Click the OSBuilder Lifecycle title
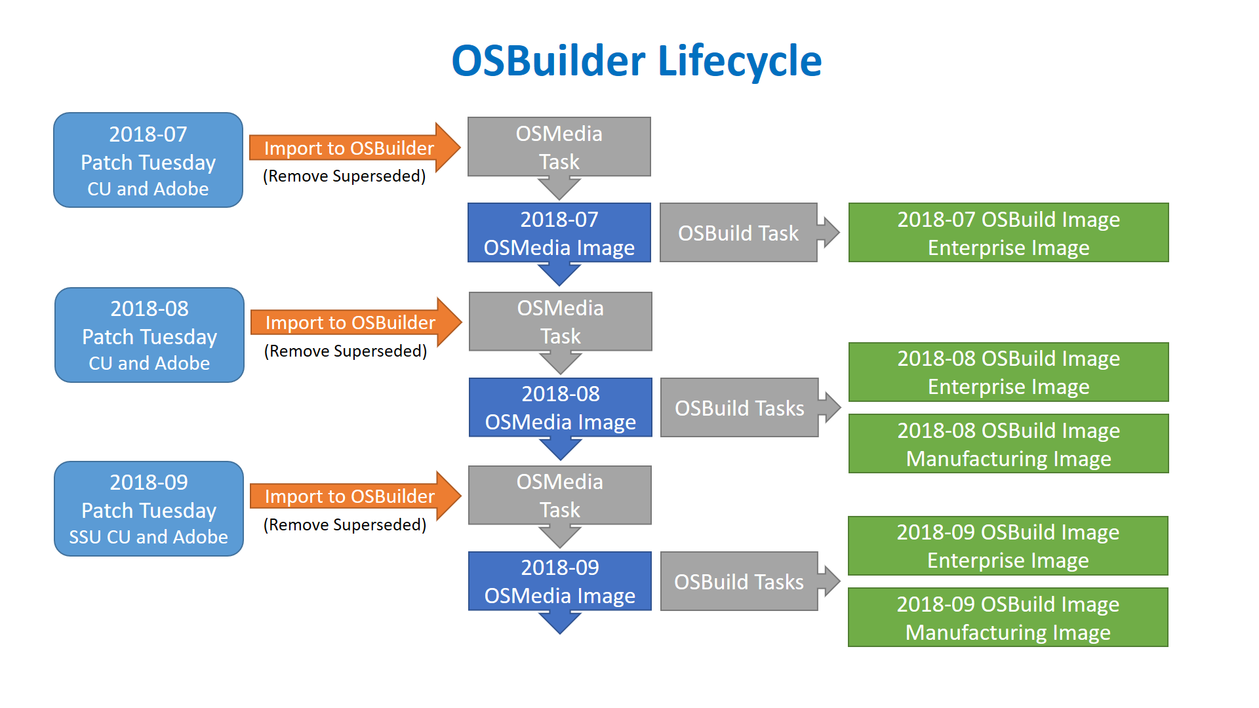pos(636,61)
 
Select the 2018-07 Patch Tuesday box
pos(148,160)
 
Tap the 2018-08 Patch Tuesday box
pos(150,335)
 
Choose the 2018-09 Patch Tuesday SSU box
pos(149,509)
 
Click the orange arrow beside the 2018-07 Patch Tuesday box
pos(355,147)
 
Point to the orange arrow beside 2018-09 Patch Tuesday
pos(355,496)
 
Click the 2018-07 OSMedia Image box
pos(559,233)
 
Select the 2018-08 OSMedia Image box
pos(561,407)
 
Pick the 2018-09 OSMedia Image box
pos(560,581)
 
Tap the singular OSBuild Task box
pos(738,233)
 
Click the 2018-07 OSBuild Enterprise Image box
pos(1009,233)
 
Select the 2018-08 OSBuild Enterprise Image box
pos(1009,372)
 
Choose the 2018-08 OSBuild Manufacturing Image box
pos(1009,444)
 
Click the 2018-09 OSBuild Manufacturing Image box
pos(1008,618)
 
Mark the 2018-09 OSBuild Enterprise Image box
pos(1008,545)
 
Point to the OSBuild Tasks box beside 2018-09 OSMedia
pos(739,581)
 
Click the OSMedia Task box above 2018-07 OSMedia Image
pos(559,147)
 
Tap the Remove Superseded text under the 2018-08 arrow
pos(346,351)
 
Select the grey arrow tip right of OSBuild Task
pos(840,232)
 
